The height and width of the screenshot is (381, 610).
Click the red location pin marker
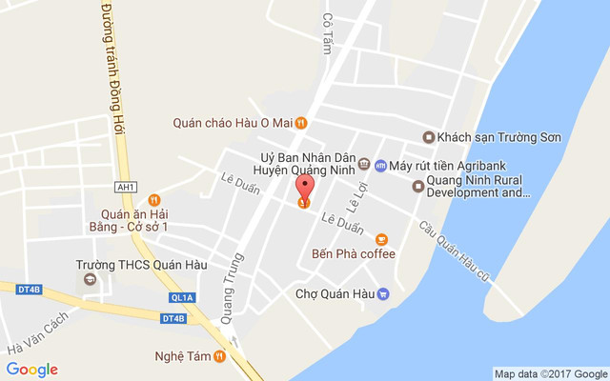click(304, 187)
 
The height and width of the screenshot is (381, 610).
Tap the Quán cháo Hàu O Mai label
click(233, 122)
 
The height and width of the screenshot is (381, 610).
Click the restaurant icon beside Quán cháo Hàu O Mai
click(301, 122)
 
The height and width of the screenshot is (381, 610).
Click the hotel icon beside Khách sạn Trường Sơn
click(429, 137)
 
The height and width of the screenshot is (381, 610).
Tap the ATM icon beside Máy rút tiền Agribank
click(380, 165)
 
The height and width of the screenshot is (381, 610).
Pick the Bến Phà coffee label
click(353, 254)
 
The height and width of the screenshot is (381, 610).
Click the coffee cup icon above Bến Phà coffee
click(381, 238)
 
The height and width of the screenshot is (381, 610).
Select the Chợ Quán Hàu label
click(335, 293)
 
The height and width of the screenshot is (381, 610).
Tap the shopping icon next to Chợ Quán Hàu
click(384, 293)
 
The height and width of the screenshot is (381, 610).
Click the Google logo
click(31, 370)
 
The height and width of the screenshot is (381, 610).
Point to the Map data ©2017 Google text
click(550, 373)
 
